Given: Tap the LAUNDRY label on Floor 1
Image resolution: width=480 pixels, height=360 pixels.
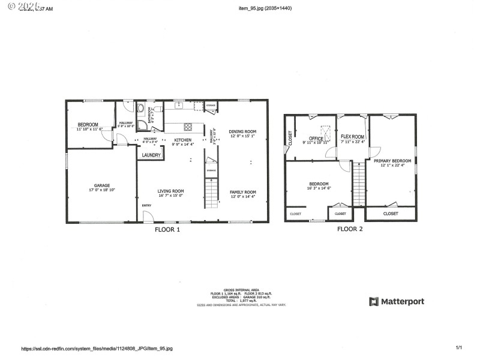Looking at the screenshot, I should [151, 155].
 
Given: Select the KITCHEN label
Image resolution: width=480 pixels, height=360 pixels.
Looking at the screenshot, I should [182, 140].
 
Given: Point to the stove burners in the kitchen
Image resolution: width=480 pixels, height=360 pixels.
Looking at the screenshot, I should [188, 126].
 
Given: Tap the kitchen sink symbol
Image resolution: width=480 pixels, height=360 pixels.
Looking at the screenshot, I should [178, 106].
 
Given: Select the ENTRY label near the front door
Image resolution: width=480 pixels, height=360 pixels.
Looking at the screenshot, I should [146, 206].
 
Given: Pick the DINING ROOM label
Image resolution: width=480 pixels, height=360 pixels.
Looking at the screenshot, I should [242, 131].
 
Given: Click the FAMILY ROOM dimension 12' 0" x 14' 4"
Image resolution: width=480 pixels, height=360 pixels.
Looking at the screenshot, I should [242, 196].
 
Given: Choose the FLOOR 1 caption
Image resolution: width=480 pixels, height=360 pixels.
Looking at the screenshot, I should [167, 229].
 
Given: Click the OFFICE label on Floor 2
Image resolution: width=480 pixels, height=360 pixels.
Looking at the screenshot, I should [316, 139].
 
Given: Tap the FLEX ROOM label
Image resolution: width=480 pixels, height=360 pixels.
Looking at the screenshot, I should [352, 136].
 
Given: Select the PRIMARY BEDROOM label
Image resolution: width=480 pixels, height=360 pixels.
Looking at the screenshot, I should [392, 160].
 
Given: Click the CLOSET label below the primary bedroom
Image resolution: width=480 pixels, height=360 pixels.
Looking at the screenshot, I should [391, 213].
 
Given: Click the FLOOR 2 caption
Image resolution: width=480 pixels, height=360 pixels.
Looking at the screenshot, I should [350, 229].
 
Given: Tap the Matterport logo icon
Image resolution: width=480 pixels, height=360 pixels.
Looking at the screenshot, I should [373, 301].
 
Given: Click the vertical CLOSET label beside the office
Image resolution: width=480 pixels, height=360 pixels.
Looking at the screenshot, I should [290, 139].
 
